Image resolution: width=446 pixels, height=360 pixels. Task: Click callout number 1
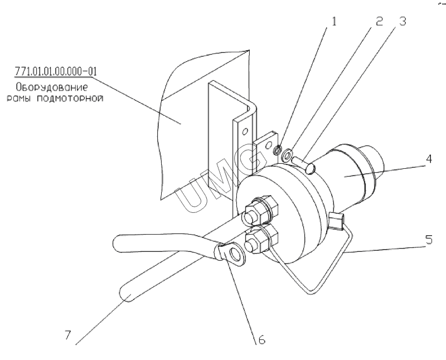coord(333,21)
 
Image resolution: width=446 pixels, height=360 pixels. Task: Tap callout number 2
coord(379,21)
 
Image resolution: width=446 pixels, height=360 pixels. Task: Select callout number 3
coord(402,21)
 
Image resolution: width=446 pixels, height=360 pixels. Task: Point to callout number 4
coord(429,159)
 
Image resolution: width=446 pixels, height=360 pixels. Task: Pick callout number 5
coord(429,240)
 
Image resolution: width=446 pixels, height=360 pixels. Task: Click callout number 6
coord(261,339)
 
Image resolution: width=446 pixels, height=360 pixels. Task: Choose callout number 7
coord(67,335)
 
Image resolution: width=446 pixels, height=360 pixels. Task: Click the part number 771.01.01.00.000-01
coord(56,71)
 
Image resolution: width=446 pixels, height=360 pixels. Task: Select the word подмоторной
coord(70,99)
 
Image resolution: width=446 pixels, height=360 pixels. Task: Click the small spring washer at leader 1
coord(278,149)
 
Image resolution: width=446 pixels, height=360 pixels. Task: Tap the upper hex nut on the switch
coord(260,210)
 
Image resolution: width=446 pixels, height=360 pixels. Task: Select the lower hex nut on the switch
coord(261,239)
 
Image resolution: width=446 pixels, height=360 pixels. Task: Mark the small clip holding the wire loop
coord(337,220)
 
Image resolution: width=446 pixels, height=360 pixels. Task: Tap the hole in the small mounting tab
coord(268,145)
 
